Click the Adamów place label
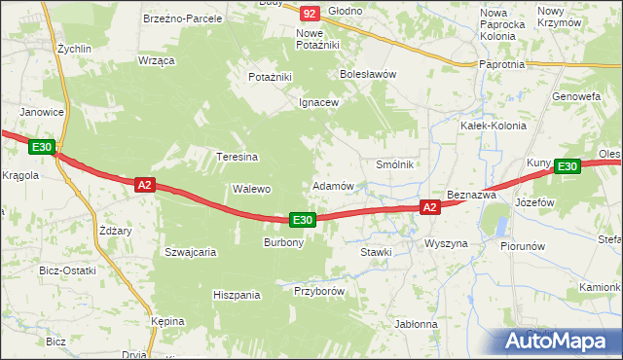(332, 185)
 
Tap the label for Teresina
(237, 156)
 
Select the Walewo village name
(250, 189)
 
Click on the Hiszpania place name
(238, 294)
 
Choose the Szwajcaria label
(190, 251)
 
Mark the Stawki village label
(375, 252)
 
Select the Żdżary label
(115, 231)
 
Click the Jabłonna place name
(416, 324)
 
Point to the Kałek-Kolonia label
(493, 126)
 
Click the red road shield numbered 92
(310, 13)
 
